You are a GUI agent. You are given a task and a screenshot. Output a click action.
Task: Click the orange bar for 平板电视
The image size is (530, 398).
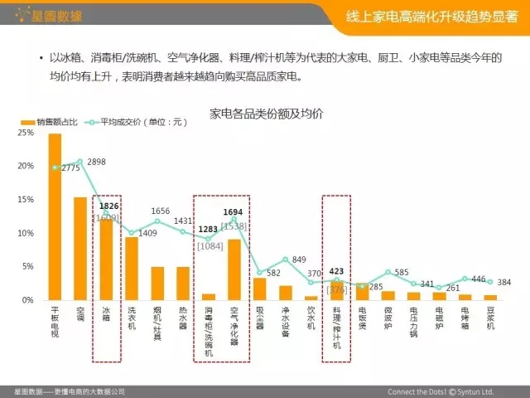pyautogui.click(x=55, y=216)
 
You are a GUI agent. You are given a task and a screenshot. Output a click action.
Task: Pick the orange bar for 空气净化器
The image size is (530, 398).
pyautogui.click(x=234, y=269)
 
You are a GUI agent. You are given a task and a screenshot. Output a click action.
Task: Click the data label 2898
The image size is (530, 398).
pyautogui.click(x=96, y=161)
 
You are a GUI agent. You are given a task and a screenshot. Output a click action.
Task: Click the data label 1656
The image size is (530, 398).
pyautogui.click(x=160, y=211)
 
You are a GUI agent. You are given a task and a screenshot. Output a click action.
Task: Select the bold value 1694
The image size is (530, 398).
pyautogui.click(x=233, y=212)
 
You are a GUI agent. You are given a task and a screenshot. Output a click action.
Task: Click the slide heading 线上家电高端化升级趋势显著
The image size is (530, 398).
pyautogui.click(x=429, y=15)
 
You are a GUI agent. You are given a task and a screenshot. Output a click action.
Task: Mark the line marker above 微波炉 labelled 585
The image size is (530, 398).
pyautogui.click(x=388, y=273)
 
